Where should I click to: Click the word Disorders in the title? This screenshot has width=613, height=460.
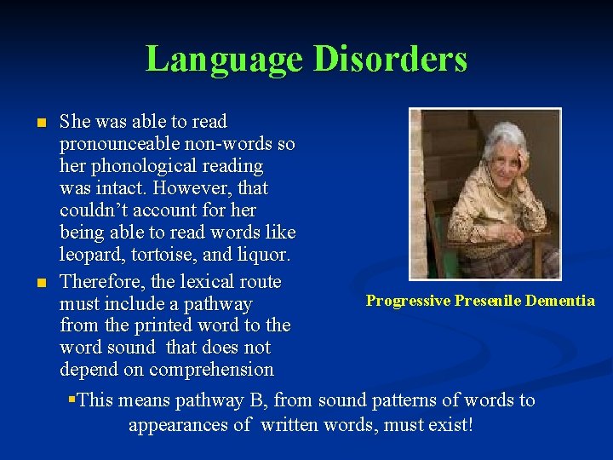click(390, 60)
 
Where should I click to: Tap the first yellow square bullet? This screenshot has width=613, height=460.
click(39, 124)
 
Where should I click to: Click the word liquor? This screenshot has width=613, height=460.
click(264, 254)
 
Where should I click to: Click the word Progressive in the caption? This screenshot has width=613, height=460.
click(408, 300)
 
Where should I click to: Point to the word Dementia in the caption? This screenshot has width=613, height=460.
click(560, 300)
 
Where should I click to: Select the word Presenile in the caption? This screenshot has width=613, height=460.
click(488, 300)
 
